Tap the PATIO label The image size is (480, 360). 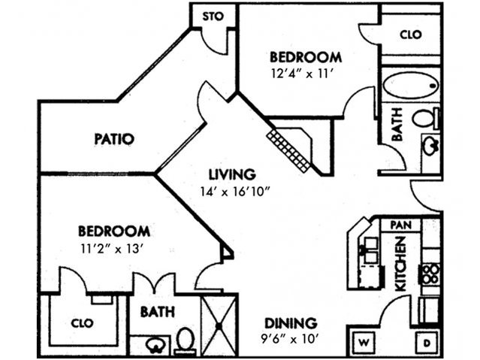pos(114,139)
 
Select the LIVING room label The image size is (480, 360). pos(233,174)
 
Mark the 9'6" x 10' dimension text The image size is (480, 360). pos(289,338)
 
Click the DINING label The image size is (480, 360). pos(289,322)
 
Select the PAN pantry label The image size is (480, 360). pos(399,224)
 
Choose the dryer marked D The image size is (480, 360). pos(425,343)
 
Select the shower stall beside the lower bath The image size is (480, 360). pos(219,324)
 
